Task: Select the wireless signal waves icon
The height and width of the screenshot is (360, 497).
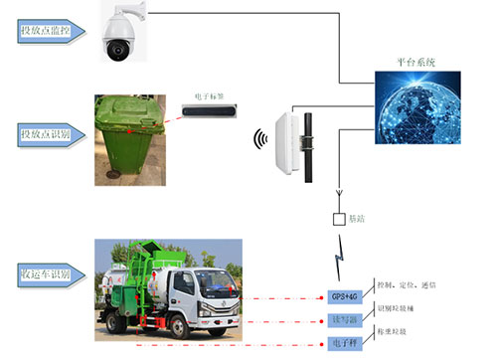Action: pyautogui.click(x=262, y=138)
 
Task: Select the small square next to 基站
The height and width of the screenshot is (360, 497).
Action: pyautogui.click(x=339, y=218)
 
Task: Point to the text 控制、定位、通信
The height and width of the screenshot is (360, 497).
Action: pyautogui.click(x=401, y=285)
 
